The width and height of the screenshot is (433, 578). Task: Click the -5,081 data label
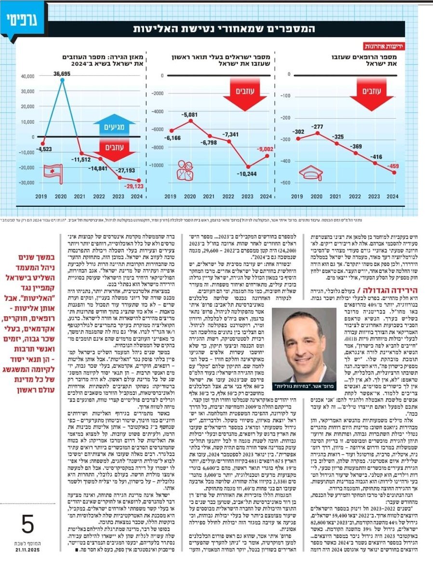[190, 115]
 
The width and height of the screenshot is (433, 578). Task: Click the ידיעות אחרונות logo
[379, 47]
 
